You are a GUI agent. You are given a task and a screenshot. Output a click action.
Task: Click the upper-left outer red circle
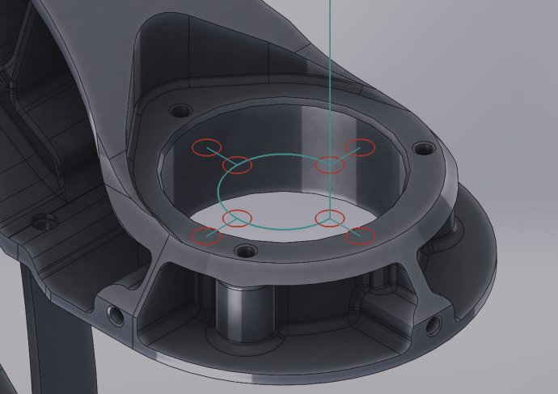tap(204, 147)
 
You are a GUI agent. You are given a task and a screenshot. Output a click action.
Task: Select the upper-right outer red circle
tap(361, 147)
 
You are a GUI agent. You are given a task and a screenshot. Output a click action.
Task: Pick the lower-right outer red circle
tap(361, 236)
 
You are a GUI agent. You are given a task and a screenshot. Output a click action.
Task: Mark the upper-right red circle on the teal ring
tap(330, 165)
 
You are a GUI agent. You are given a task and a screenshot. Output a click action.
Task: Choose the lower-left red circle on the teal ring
tap(238, 218)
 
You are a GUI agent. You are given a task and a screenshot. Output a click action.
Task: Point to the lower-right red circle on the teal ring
tap(329, 218)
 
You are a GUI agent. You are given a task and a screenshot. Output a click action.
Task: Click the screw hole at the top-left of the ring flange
tap(179, 110)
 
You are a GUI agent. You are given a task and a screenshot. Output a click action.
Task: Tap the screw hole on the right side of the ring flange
tap(422, 149)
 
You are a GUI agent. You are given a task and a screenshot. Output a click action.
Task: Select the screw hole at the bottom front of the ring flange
tap(242, 250)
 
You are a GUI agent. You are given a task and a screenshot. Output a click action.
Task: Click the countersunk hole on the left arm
tap(42, 221)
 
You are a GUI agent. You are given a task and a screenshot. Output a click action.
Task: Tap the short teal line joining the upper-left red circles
tap(222, 156)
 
